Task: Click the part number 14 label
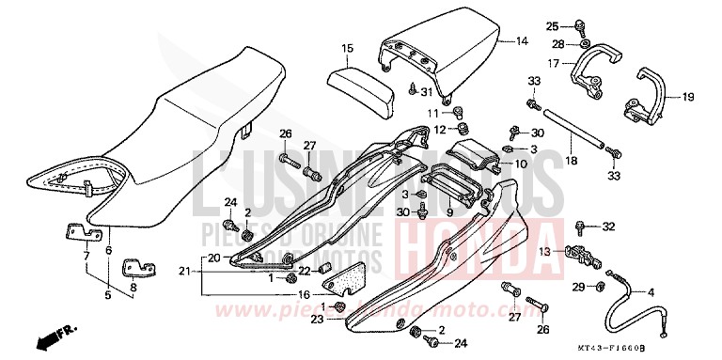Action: [523, 42]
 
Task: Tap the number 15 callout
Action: [347, 47]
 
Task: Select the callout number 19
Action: [687, 96]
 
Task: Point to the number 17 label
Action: [556, 64]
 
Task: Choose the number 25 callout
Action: [553, 25]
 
